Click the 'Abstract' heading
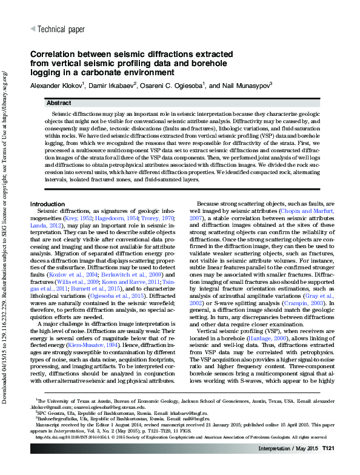59,104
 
